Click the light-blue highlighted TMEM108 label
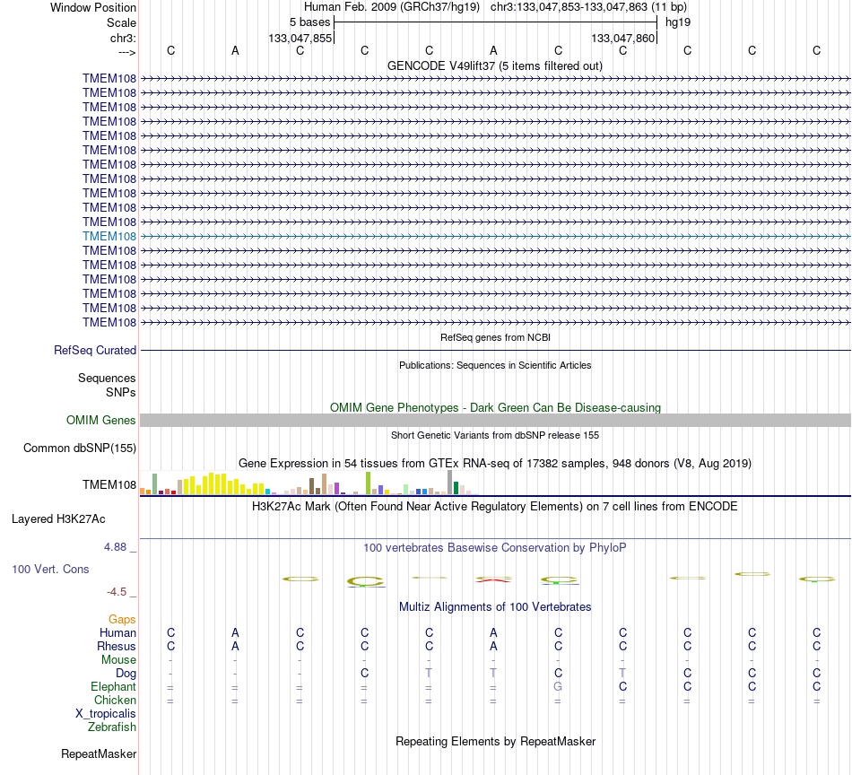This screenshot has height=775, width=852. click(x=109, y=237)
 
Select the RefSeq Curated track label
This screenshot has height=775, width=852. click(x=95, y=351)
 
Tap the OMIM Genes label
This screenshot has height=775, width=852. click(x=101, y=420)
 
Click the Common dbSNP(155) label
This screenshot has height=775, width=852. click(x=80, y=448)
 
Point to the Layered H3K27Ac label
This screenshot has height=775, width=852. click(x=58, y=519)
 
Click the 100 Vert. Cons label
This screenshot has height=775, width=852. click(x=50, y=569)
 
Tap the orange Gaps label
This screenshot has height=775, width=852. click(x=122, y=620)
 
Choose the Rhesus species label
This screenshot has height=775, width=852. click(x=117, y=646)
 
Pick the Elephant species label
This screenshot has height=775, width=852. click(x=113, y=687)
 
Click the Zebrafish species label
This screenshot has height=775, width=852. click(x=112, y=727)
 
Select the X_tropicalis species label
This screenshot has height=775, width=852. click(x=106, y=714)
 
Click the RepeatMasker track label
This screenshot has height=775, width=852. click(x=99, y=753)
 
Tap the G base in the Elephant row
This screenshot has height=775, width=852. click(x=558, y=687)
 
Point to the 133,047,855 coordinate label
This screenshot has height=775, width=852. click(x=300, y=38)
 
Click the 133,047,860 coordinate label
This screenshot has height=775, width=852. click(x=622, y=38)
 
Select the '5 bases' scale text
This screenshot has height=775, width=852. click(x=309, y=22)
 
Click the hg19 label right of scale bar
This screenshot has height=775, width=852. click(x=678, y=22)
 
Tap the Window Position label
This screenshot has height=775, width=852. click(x=93, y=7)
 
